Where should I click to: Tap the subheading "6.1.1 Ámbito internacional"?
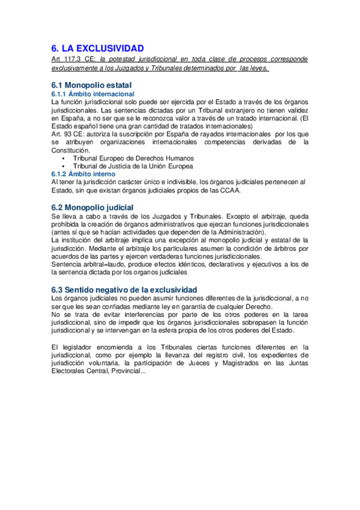click(93, 94)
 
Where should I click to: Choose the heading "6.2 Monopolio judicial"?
click(93, 207)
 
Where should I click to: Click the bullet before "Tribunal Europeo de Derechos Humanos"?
click(64, 158)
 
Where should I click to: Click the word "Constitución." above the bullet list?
click(70, 150)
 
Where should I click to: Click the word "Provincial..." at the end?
click(125, 370)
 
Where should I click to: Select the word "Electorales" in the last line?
click(69, 370)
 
